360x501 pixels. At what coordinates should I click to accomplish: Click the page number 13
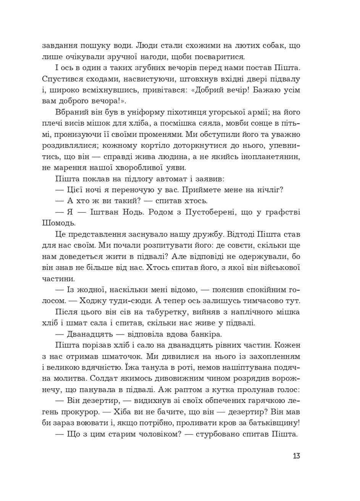tap(296, 456)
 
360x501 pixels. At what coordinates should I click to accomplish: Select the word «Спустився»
tap(59, 79)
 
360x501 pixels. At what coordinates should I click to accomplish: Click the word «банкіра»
tap(207, 334)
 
